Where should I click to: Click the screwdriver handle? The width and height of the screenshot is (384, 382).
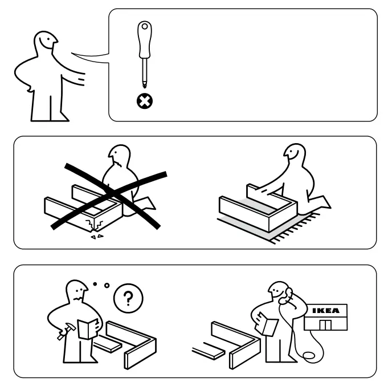pos(145,40)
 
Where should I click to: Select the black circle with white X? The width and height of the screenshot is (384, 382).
pos(145,101)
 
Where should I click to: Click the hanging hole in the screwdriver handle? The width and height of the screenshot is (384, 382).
pos(145,26)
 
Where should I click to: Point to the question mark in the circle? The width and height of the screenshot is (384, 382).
pos(128,298)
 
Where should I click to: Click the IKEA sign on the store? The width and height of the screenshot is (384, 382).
pos(326,311)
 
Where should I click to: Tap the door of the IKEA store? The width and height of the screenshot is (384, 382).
pos(325,324)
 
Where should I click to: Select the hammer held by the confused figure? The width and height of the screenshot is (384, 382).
pos(66,331)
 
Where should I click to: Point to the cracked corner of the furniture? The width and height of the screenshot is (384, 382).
pos(94,225)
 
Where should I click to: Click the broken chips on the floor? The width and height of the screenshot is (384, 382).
pos(97,237)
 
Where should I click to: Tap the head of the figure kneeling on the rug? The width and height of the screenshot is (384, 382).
pos(295,153)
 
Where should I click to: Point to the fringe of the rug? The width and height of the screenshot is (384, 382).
pos(297,229)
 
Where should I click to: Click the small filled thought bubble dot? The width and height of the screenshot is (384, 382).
pos(95,284)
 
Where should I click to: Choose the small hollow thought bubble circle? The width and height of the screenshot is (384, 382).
pos(107,286)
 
